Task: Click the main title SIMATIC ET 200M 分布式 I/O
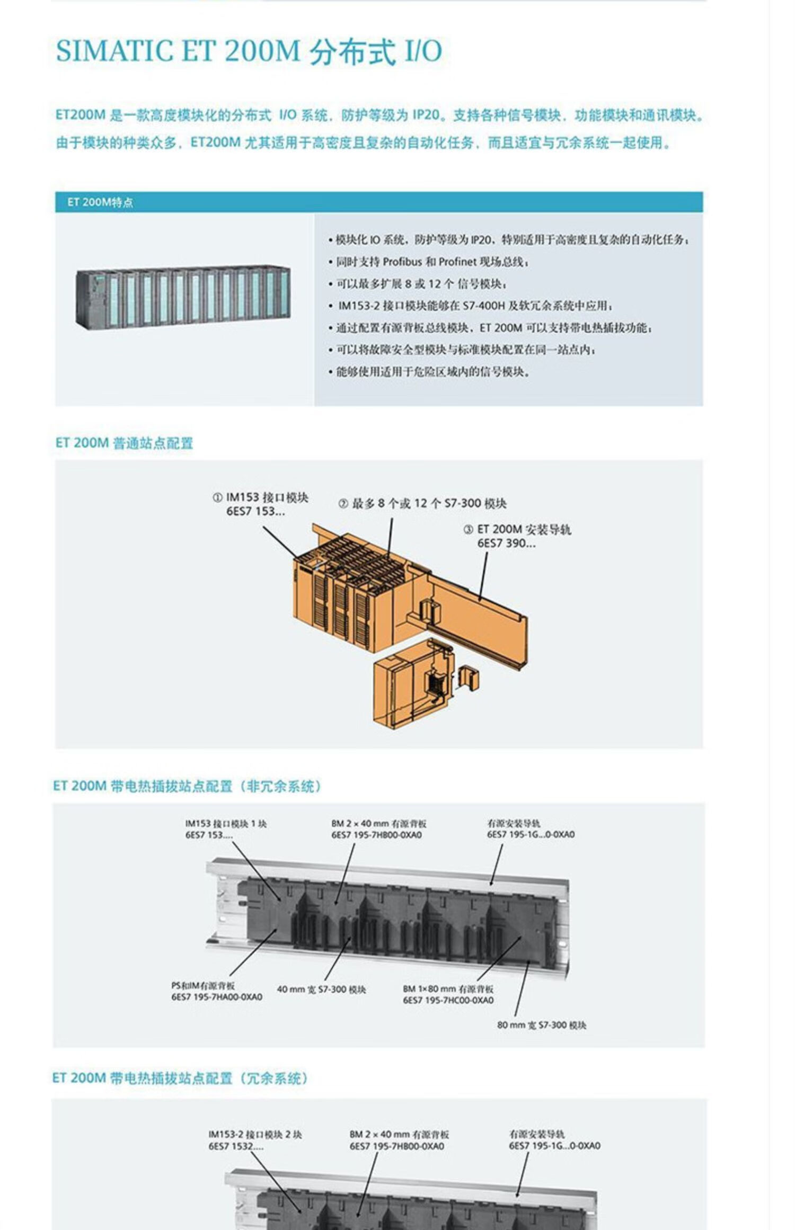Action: [x=249, y=51]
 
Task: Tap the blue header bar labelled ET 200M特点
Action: [x=378, y=202]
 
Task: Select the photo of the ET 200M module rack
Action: [x=183, y=298]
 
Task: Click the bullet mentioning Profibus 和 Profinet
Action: [x=432, y=262]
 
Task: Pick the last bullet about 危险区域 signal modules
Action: [x=432, y=372]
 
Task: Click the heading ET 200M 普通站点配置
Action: [x=124, y=443]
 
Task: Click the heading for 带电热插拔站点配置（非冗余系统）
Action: [x=188, y=786]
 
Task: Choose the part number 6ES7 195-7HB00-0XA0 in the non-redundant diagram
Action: [x=376, y=835]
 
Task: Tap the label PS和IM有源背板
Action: [x=203, y=985]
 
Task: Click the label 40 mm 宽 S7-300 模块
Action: [x=321, y=990]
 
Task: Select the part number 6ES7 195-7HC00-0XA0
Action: [x=448, y=1000]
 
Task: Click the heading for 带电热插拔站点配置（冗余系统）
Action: [x=180, y=1078]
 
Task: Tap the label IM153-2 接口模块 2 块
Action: [x=255, y=1134]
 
